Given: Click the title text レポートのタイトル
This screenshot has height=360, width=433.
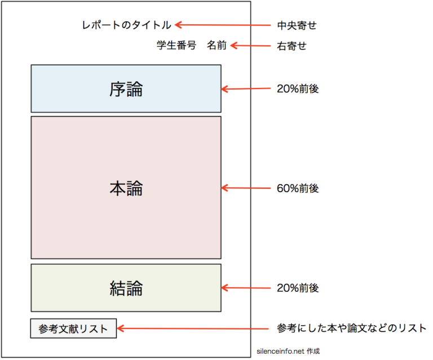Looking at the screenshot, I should click(126, 25).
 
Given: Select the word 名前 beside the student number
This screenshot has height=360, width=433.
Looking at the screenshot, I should click(216, 46).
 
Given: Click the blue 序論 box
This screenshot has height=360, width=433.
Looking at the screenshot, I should click(126, 88).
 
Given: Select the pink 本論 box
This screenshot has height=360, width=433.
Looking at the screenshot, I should click(126, 188).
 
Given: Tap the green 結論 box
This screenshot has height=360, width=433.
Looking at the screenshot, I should click(126, 287).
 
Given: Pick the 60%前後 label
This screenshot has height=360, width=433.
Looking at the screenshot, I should click(298, 189).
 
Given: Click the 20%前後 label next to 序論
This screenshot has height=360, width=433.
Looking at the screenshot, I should click(298, 89).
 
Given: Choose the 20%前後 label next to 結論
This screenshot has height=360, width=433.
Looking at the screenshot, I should click(298, 288).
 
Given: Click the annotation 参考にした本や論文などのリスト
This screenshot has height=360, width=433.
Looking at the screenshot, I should click(352, 328).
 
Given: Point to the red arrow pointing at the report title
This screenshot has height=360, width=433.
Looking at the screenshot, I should click(223, 25).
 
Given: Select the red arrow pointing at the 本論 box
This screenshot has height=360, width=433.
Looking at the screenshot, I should click(246, 188).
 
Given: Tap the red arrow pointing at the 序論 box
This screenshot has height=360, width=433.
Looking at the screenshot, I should click(246, 88).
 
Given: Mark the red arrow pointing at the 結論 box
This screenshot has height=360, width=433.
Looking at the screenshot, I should click(246, 288).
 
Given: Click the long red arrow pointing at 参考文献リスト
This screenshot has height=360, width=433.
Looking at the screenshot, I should click(192, 328).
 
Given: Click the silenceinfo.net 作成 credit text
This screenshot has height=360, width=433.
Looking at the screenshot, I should click(288, 350).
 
